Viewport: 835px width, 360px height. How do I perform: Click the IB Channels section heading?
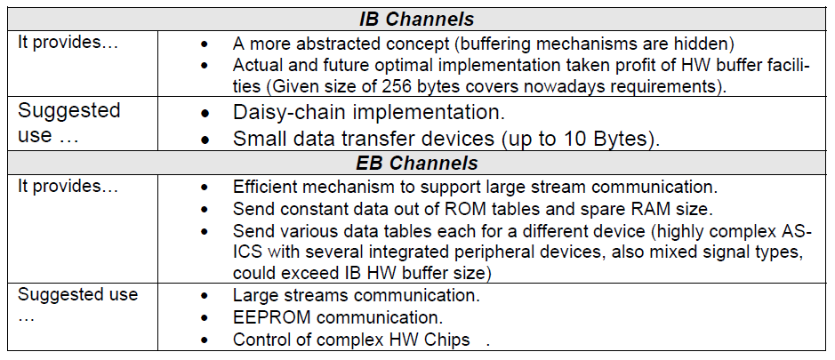point(416,20)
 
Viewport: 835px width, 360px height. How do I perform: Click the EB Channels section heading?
point(416,163)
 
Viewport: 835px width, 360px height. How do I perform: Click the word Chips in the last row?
point(449,340)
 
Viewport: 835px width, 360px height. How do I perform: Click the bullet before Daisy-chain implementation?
point(205,115)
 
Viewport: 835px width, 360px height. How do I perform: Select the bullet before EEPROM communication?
point(205,318)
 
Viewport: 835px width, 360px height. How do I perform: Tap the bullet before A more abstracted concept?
point(205,44)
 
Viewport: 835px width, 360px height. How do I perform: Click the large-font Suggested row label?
point(69,111)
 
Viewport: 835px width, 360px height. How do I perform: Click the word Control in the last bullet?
point(258,340)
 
